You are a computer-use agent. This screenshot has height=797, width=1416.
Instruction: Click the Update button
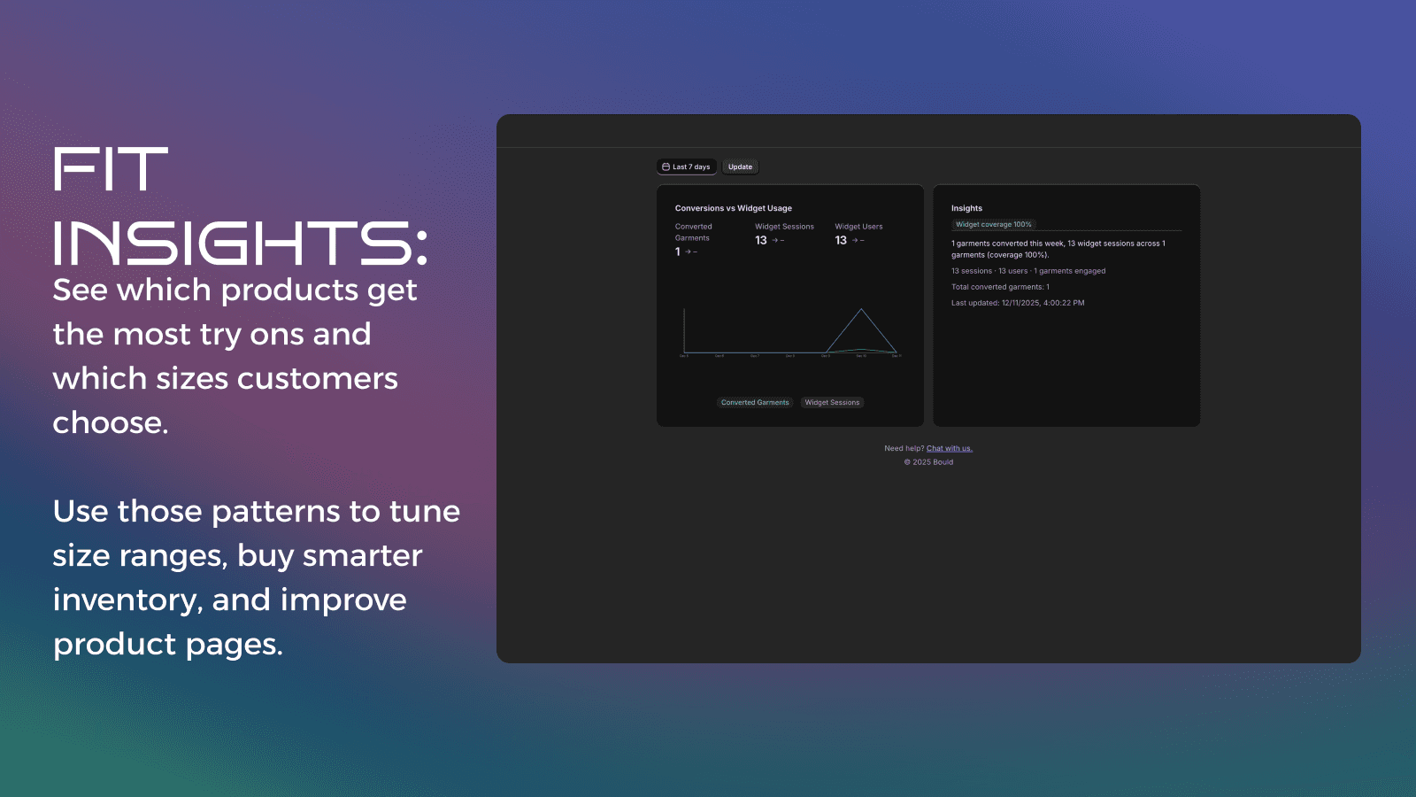point(740,167)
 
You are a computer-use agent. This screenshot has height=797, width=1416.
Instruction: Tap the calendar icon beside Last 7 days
point(666,167)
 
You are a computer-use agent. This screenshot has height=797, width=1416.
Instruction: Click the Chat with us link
point(949,449)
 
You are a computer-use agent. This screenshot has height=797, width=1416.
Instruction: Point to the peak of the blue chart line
point(861,309)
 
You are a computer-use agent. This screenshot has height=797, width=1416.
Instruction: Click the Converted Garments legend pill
point(754,403)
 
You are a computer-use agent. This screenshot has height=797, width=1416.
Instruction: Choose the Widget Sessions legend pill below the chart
point(832,403)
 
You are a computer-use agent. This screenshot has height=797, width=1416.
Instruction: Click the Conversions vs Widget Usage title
point(733,209)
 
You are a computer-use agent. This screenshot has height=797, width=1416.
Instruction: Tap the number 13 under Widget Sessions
point(761,241)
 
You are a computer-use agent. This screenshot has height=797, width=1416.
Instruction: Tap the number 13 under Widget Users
point(841,241)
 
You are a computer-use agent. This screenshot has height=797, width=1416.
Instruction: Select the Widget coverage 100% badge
point(993,225)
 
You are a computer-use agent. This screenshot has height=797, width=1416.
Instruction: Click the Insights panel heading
point(966,209)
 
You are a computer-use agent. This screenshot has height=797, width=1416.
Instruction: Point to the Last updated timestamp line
point(1017,303)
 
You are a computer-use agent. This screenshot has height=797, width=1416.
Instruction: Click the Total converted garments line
point(1000,287)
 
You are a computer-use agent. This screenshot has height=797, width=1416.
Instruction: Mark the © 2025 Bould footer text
point(928,462)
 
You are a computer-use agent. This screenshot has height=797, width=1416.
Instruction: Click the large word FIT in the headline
point(111,169)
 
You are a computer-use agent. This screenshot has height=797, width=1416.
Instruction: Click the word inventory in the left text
point(124,600)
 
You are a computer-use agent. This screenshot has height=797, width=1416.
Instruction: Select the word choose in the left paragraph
point(110,423)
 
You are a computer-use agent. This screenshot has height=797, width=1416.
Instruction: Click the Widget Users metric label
point(858,227)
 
